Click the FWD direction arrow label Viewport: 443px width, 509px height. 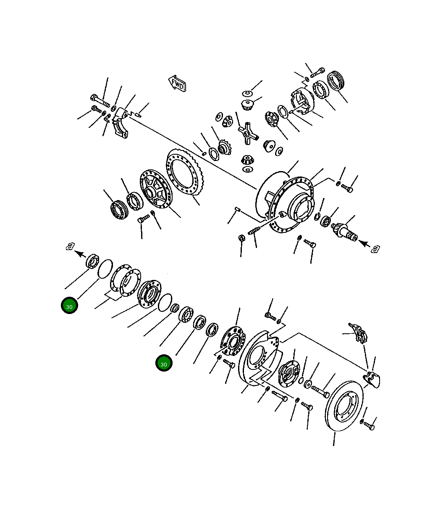tap(177, 84)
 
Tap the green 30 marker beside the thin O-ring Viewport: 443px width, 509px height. tap(69, 305)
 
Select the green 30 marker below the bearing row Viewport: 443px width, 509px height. tap(164, 363)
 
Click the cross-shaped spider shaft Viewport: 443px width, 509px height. tap(248, 133)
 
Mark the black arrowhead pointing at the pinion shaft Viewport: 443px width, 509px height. tap(364, 243)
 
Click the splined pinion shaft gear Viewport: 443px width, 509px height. tap(345, 232)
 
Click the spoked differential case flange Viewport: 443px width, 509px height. tap(156, 189)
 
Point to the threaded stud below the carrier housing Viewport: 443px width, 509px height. tap(254, 231)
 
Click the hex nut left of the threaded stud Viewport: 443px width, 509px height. tap(241, 237)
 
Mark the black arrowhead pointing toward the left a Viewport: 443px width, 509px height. tap(81, 254)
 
